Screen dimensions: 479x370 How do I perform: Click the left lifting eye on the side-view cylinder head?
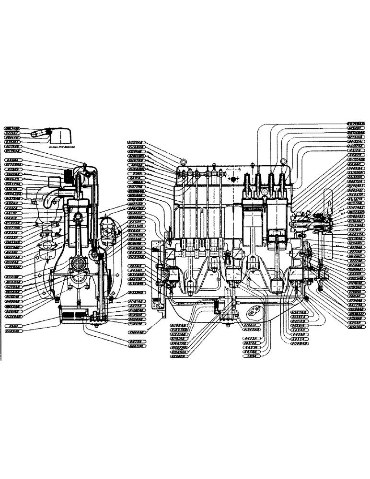click(x=183, y=160)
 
